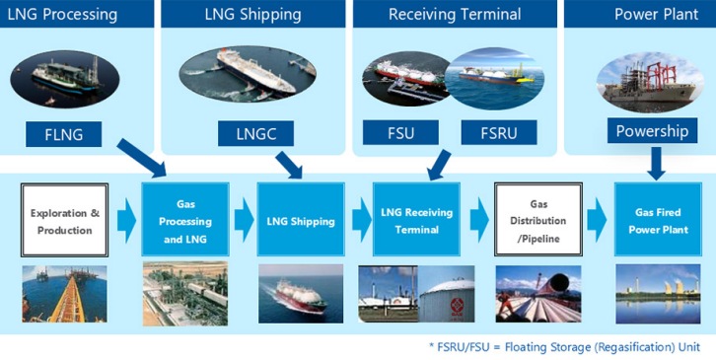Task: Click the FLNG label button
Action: click(x=63, y=134)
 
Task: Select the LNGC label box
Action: click(x=255, y=133)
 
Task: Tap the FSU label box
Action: click(x=400, y=132)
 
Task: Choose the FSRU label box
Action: click(x=499, y=132)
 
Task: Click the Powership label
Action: click(x=652, y=130)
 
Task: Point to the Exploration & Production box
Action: click(x=64, y=220)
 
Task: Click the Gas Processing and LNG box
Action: click(x=185, y=219)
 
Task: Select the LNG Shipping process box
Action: click(x=301, y=219)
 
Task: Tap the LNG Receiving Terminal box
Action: click(x=416, y=219)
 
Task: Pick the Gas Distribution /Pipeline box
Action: click(x=538, y=219)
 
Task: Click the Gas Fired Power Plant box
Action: click(x=658, y=219)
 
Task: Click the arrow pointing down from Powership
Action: click(x=656, y=164)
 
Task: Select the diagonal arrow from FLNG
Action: click(x=142, y=158)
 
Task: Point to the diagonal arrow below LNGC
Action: click(x=289, y=165)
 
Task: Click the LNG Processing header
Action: click(x=62, y=14)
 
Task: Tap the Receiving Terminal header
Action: click(x=455, y=14)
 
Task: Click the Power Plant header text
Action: click(x=656, y=14)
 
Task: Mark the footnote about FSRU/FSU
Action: click(x=564, y=347)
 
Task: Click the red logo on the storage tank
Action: click(x=457, y=304)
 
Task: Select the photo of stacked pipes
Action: click(x=538, y=294)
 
